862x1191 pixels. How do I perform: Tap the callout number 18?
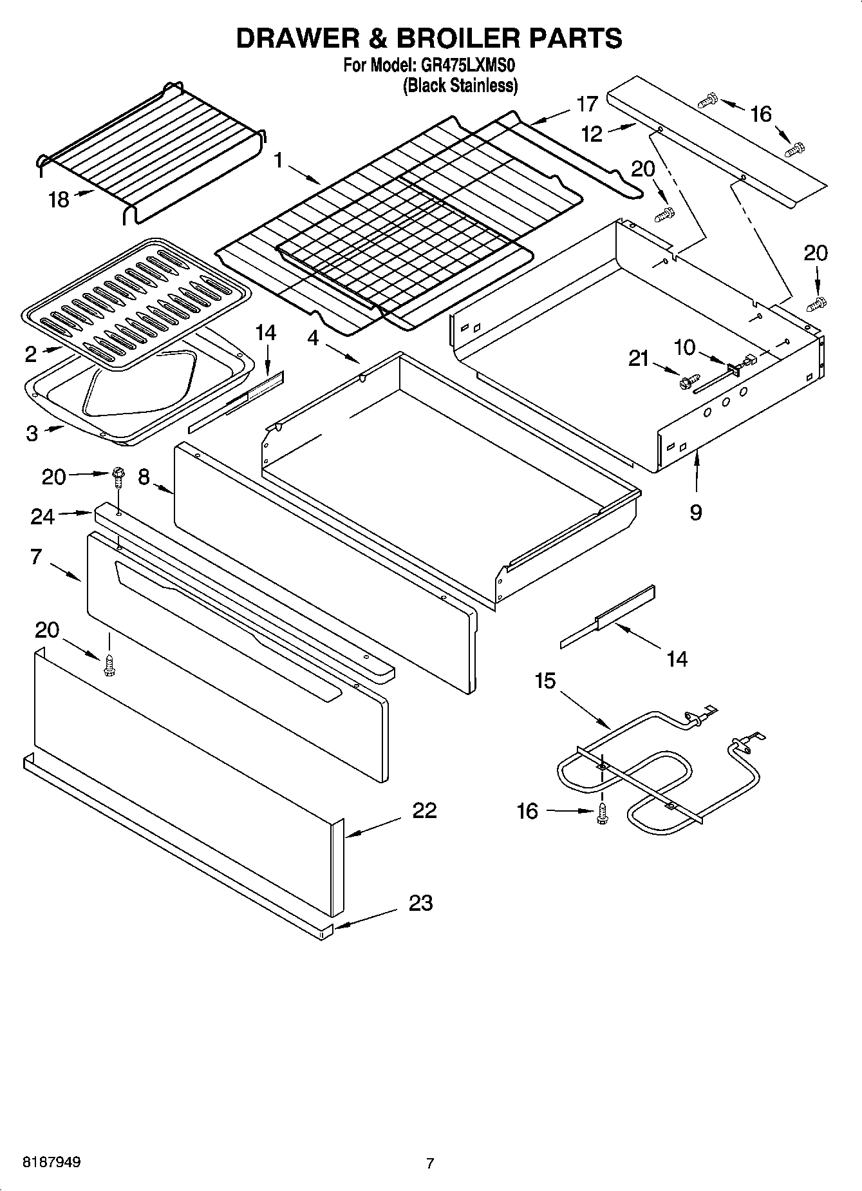point(59,200)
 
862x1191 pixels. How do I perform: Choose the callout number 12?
point(592,134)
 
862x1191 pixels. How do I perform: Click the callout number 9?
point(696,512)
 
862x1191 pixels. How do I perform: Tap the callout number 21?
point(639,359)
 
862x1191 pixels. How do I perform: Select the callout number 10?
point(685,348)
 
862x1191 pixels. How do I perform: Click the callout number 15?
point(545,681)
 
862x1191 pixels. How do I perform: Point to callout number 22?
point(424,810)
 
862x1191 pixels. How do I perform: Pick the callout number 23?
point(420,903)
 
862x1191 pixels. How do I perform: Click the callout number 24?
point(42,516)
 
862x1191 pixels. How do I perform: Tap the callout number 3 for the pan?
point(32,433)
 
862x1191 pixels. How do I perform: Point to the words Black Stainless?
point(460,86)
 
